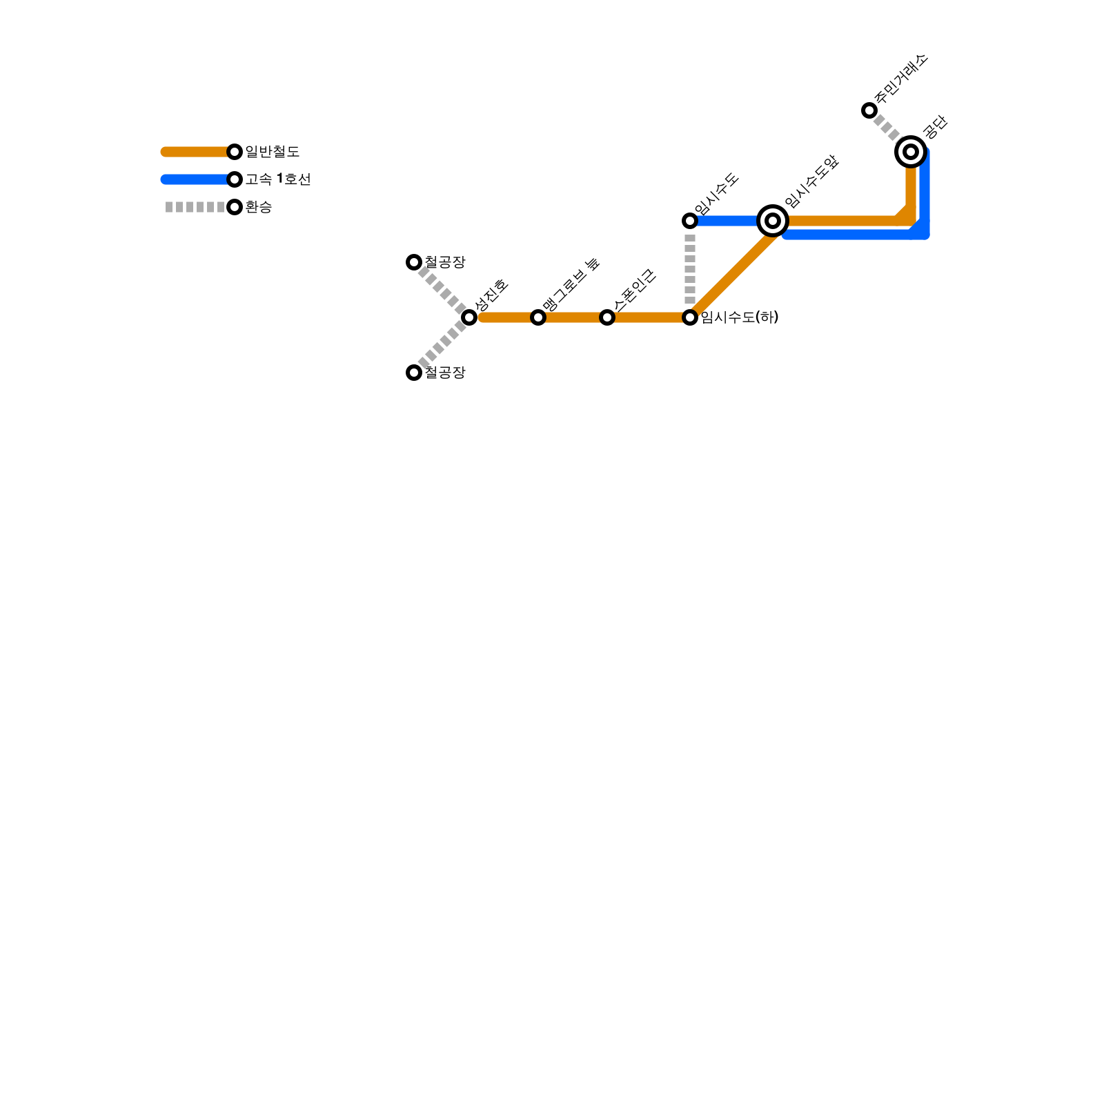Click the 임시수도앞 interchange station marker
pos(773,221)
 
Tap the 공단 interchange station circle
pos(911,152)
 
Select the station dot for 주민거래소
pos(869,110)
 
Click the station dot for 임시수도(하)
pos(690,317)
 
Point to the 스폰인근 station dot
pos(607,317)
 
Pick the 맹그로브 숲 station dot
pos(538,317)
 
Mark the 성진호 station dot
pos(469,317)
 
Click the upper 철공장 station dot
pos(414,262)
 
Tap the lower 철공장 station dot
pos(414,373)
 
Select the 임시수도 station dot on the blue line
pos(690,221)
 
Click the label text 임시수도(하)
pos(740,317)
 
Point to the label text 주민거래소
pos(901,79)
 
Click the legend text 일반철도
pos(273,152)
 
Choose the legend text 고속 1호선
pos(278,179)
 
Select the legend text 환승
pos(259,207)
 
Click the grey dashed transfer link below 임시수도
pos(690,269)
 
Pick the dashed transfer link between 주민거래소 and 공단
pos(887,128)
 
